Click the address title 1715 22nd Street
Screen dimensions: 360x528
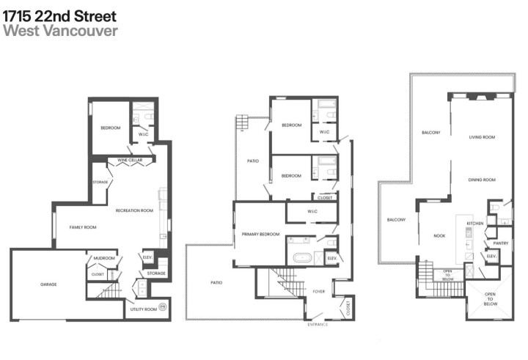point(59,15)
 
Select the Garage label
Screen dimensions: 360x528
point(48,284)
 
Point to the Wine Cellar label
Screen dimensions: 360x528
point(130,161)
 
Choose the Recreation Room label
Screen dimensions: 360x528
point(134,210)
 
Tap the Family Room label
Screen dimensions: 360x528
point(83,227)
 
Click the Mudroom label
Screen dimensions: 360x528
point(104,258)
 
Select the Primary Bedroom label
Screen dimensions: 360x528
point(260,234)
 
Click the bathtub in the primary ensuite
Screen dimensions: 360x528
point(300,258)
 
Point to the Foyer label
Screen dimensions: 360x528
point(318,290)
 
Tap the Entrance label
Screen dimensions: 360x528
point(318,323)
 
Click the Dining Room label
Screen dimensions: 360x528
point(483,180)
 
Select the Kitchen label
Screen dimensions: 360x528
point(476,223)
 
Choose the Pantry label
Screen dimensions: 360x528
point(501,243)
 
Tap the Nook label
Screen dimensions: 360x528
point(439,235)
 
